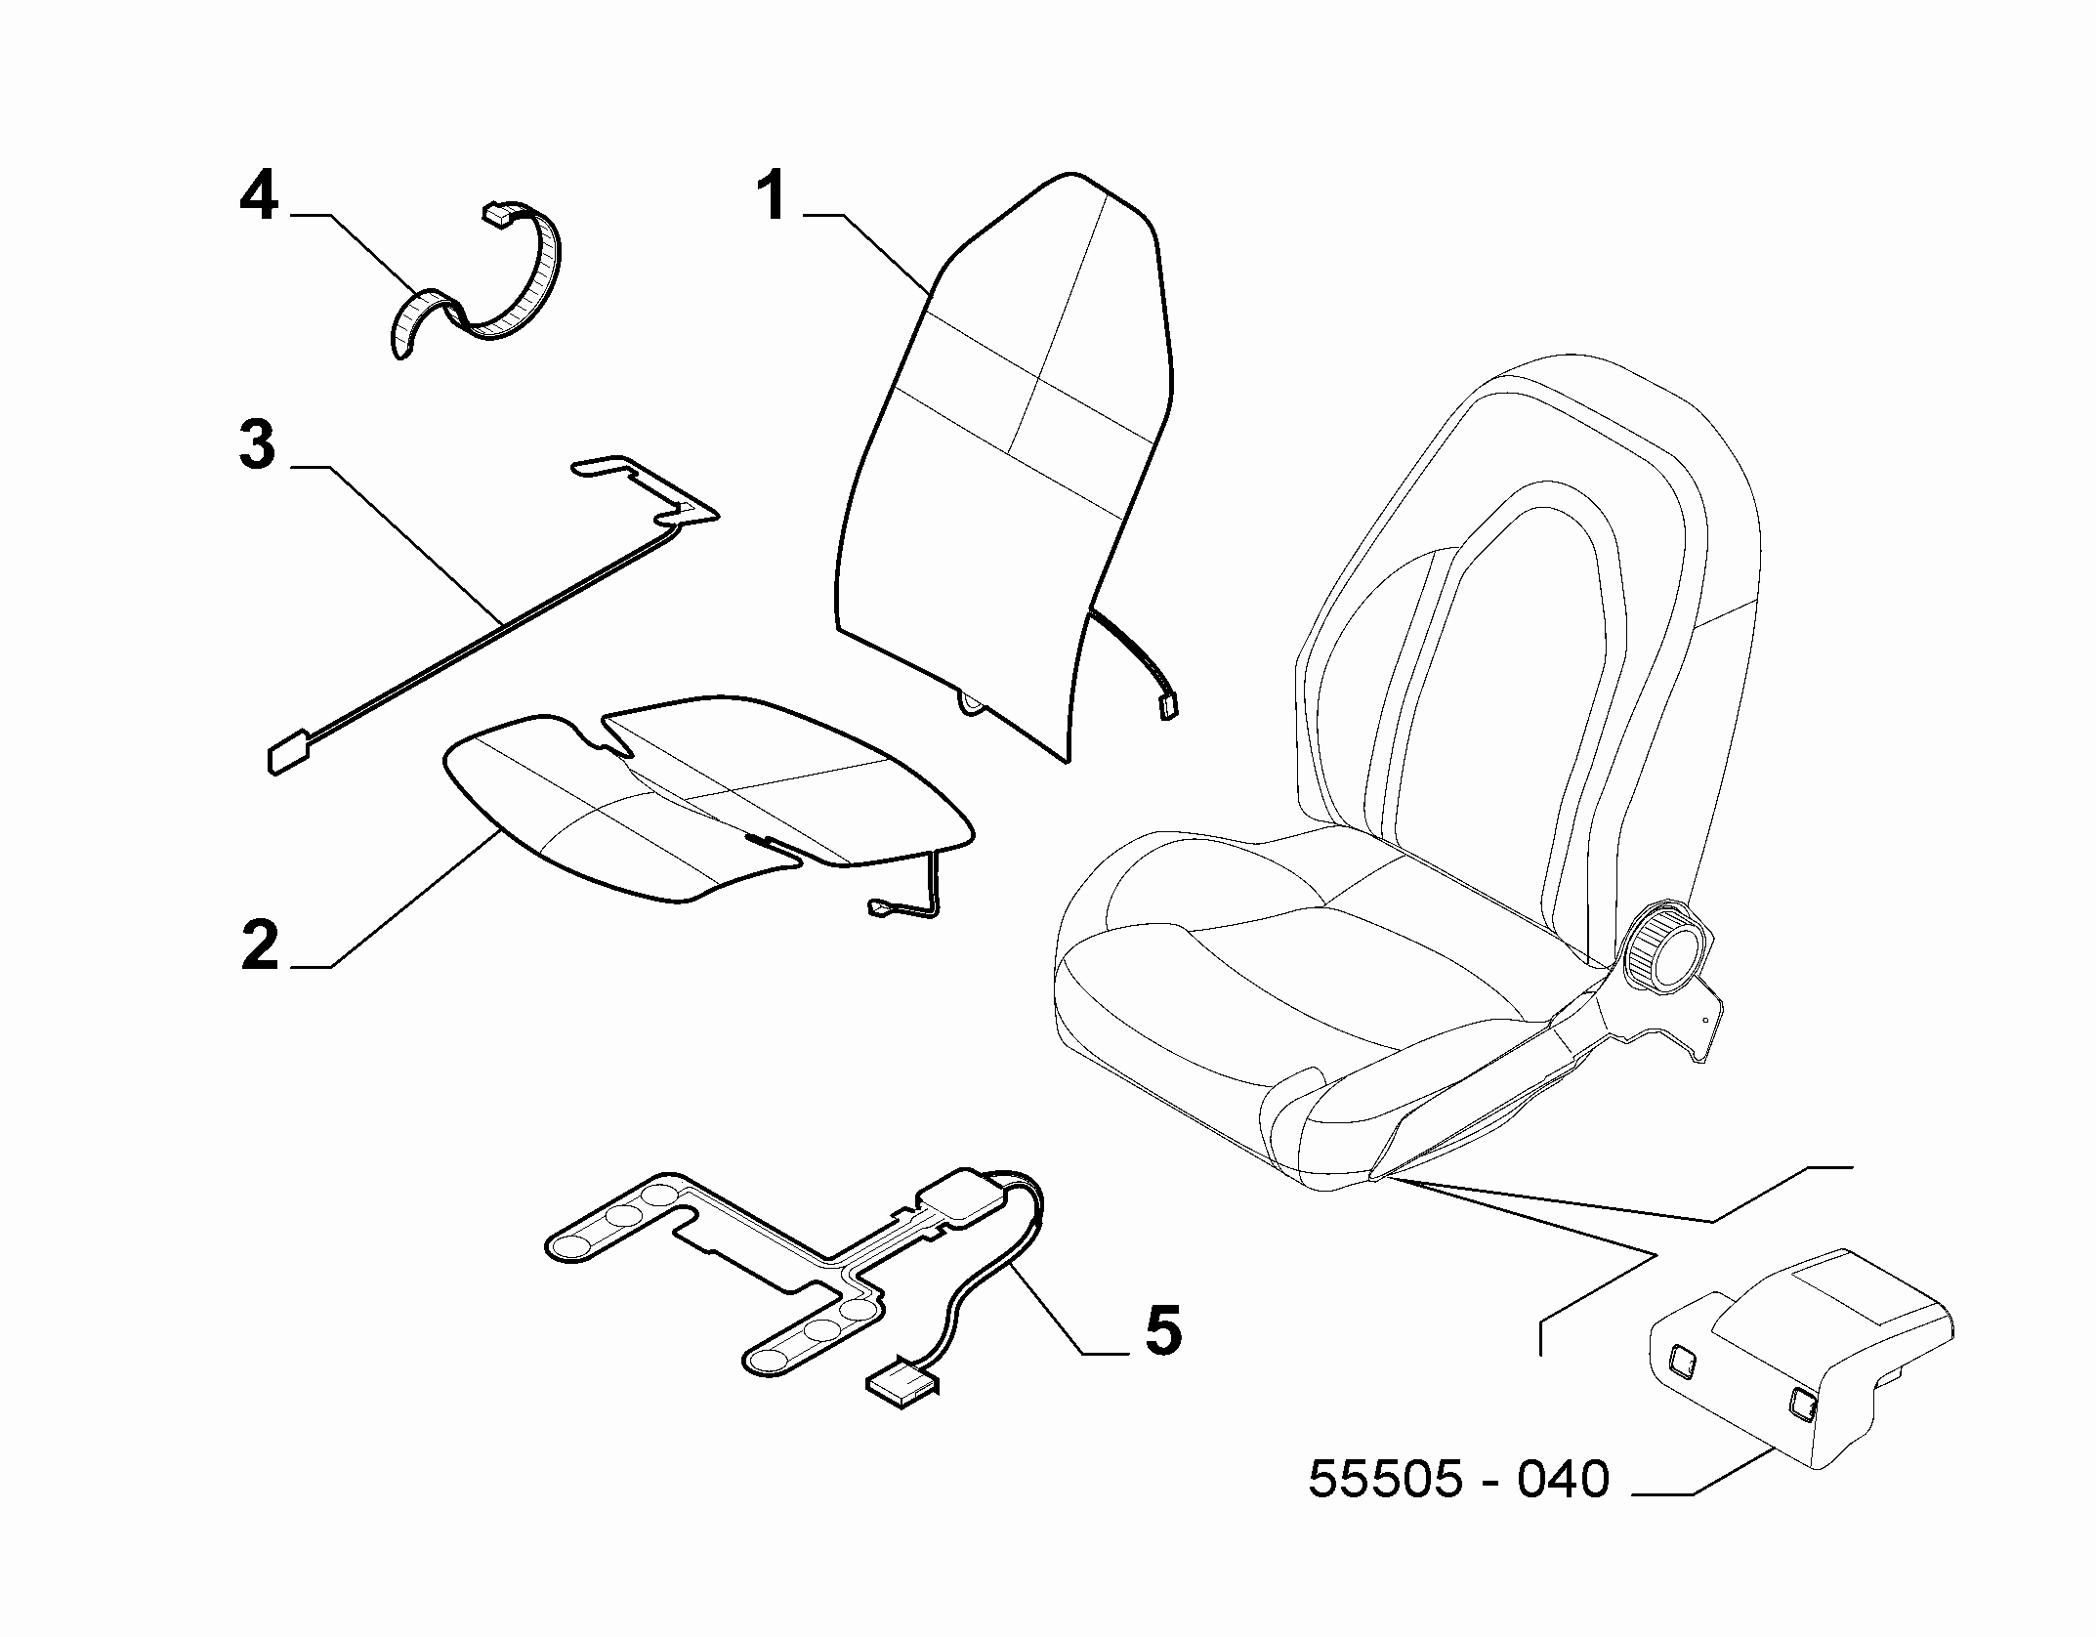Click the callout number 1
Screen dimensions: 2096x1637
(x=773, y=195)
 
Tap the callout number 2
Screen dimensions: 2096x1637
(x=260, y=944)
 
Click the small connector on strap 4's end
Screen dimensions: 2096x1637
(x=500, y=214)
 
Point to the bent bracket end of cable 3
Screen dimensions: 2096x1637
(x=645, y=488)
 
